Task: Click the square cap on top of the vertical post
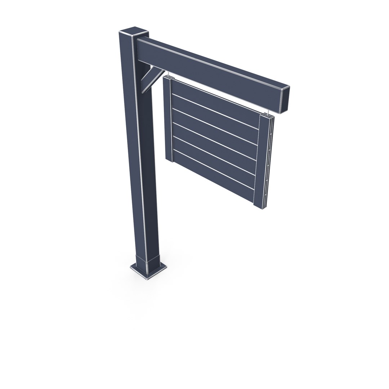click(134, 32)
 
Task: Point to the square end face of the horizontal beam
click(285, 99)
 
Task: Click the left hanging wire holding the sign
click(168, 75)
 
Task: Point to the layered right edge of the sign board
click(271, 162)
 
